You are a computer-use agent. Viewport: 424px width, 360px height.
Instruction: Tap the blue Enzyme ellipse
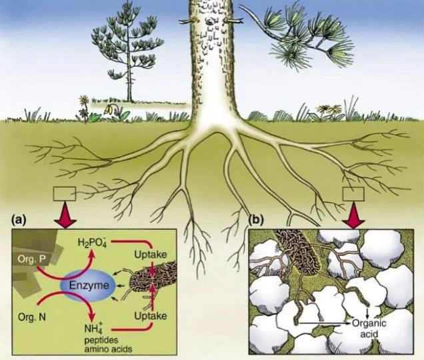coord(87,287)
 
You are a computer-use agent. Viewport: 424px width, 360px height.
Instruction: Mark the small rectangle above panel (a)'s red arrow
coord(65,194)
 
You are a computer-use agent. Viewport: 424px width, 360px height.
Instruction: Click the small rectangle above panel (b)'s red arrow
coord(353,193)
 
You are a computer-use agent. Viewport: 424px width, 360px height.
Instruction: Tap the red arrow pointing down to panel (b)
coord(353,215)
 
